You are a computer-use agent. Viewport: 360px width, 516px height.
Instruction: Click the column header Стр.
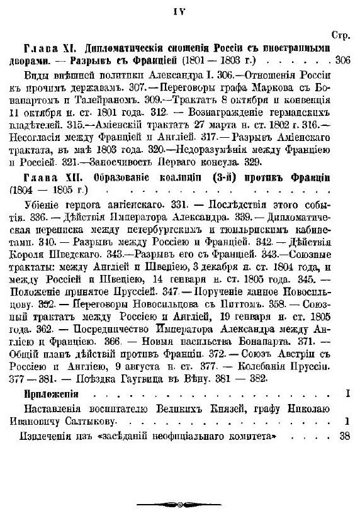click(x=340, y=36)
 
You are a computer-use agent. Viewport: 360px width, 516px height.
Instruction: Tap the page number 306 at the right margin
click(x=343, y=61)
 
